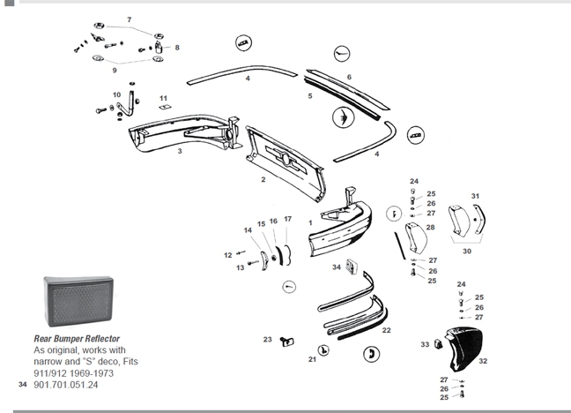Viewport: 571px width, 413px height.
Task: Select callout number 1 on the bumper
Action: (310, 222)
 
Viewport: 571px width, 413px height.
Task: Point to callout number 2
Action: (263, 179)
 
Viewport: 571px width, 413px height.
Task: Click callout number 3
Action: (179, 152)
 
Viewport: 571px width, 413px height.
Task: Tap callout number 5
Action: (309, 94)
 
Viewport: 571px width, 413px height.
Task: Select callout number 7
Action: (128, 19)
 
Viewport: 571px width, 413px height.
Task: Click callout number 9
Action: (114, 70)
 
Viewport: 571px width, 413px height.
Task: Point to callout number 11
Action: (163, 97)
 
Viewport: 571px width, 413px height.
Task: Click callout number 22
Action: (386, 329)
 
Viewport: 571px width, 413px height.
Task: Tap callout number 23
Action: (267, 339)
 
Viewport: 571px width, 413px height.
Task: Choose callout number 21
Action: (311, 359)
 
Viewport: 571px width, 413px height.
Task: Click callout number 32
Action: (482, 361)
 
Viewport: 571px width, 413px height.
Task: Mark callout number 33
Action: (424, 343)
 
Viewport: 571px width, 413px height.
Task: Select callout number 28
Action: (430, 228)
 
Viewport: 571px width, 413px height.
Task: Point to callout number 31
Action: (475, 196)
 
